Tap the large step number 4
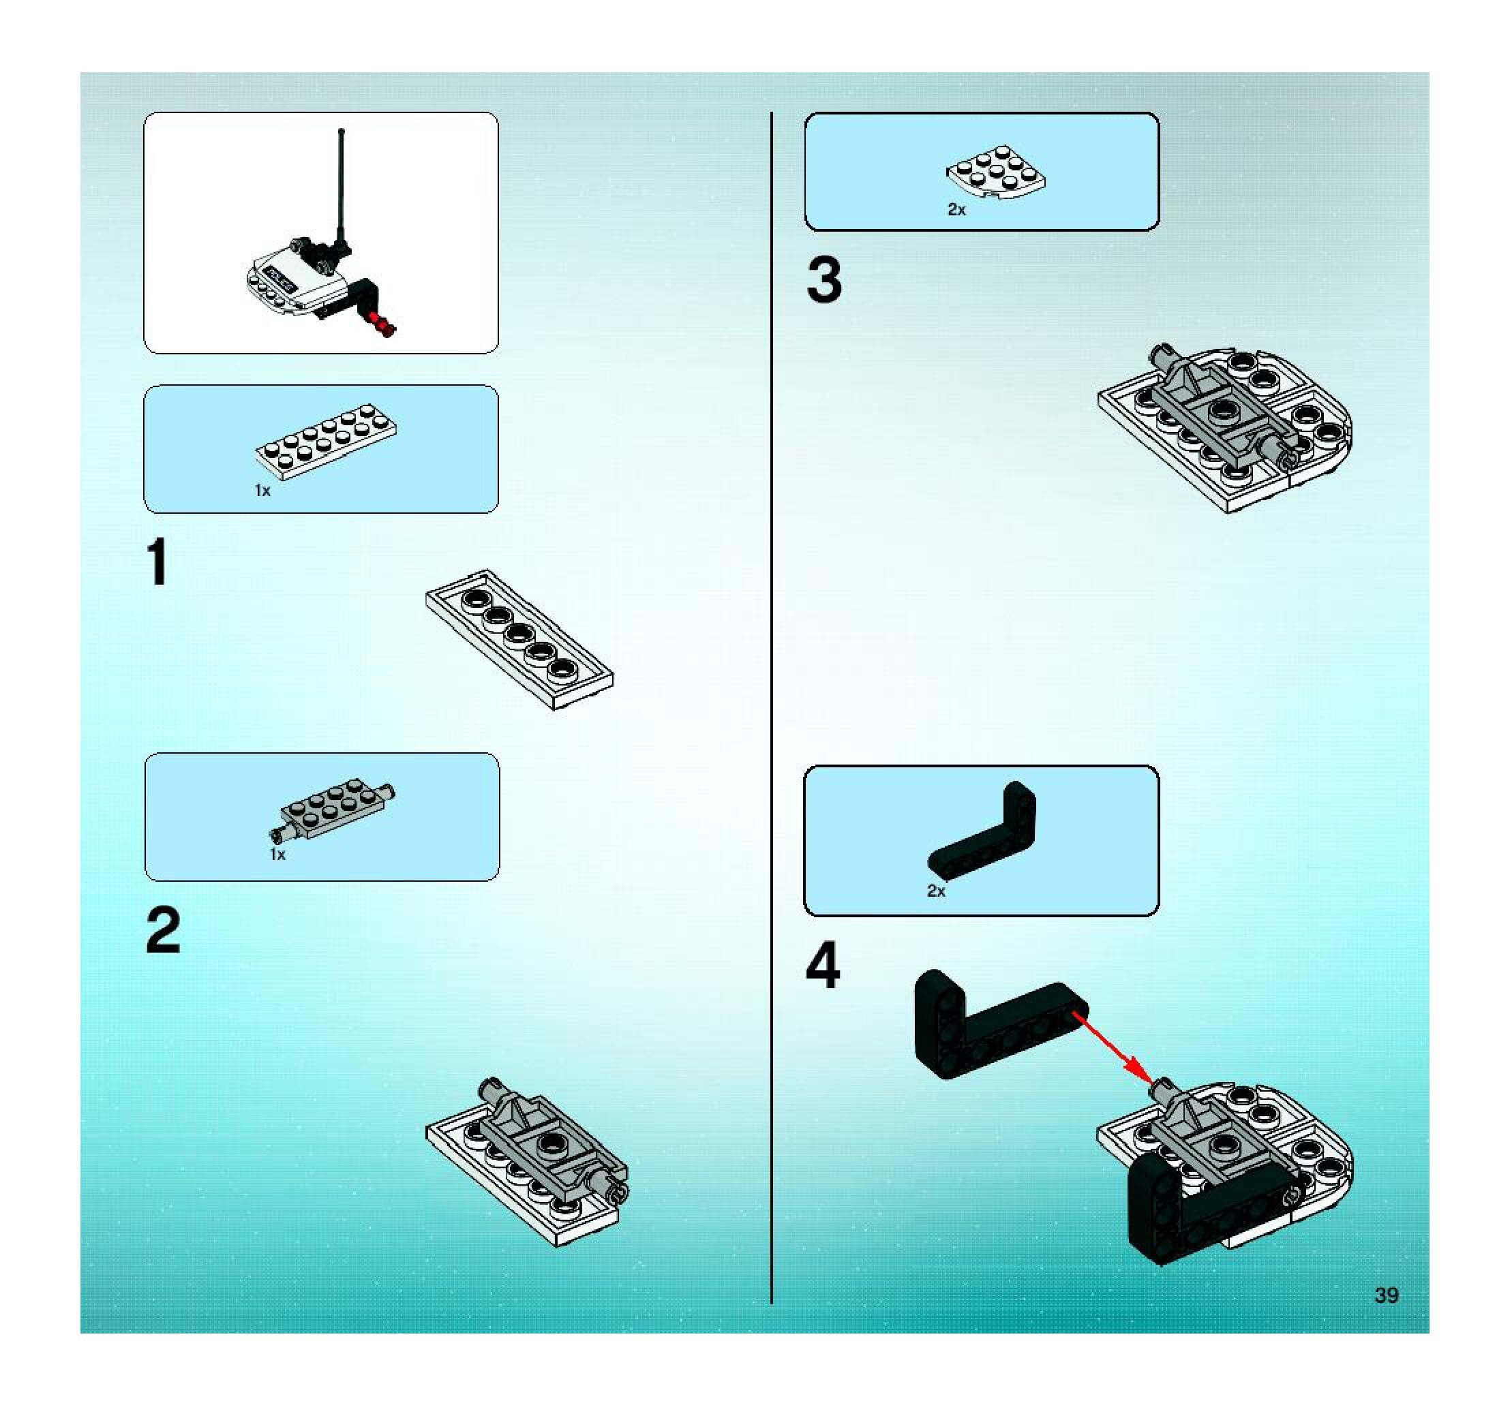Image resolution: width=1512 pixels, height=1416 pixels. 822,966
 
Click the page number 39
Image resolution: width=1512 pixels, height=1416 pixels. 1386,1295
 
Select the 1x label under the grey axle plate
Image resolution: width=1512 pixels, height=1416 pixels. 277,855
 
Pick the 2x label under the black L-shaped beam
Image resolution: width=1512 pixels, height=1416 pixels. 935,891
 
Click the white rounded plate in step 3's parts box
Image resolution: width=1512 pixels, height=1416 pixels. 995,176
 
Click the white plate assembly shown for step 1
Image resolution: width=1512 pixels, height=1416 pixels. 520,639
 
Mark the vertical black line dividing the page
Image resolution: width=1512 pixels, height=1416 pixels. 771,707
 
